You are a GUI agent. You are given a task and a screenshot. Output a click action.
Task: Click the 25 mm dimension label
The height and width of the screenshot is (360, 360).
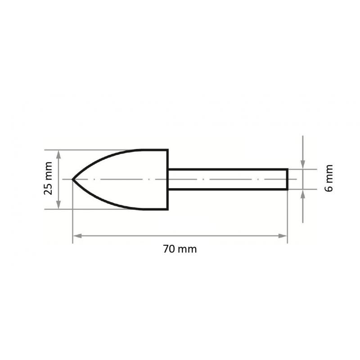coord(49,179)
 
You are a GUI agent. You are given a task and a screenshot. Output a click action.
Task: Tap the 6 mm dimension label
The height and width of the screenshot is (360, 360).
coord(329,179)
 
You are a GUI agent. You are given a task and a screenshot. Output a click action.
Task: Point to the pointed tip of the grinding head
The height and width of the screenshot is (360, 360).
coord(73,179)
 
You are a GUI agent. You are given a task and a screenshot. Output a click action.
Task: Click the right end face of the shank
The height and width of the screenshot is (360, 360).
coord(287,179)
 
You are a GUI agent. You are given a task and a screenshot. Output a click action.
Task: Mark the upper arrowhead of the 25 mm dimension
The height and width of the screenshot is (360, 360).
coord(58,153)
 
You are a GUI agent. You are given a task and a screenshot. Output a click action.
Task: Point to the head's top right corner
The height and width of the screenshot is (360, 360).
coord(167,150)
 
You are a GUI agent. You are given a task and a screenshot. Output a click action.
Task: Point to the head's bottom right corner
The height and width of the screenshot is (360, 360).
coord(167,209)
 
